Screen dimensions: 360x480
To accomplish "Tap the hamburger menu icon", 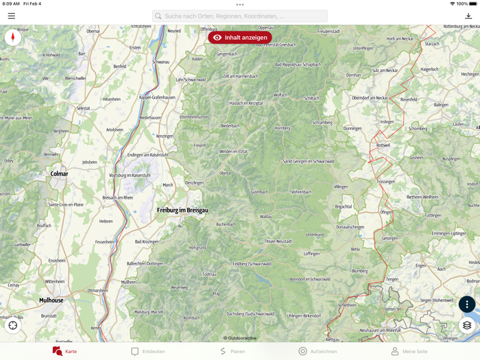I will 12,16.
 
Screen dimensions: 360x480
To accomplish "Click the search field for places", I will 240,16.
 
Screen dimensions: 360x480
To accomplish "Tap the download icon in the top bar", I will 468,16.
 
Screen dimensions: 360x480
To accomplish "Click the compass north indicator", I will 12,38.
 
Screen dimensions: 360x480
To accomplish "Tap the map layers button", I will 467,326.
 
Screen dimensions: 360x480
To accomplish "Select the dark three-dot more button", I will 467,304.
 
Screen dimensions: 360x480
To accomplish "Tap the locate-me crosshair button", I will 13,326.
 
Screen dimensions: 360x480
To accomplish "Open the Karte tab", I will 64,351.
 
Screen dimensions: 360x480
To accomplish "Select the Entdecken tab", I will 148,351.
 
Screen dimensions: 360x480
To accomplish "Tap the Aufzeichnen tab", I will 317,351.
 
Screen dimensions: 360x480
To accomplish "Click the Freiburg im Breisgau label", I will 182,210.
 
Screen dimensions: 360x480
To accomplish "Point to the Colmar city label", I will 60,173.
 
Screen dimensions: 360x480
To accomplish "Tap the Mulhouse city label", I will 51,300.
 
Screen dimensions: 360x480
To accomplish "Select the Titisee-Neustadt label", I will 278,241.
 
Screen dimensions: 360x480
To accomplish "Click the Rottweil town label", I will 383,145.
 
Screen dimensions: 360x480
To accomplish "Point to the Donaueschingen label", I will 350,227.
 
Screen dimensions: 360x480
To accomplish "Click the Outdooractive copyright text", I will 240,338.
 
